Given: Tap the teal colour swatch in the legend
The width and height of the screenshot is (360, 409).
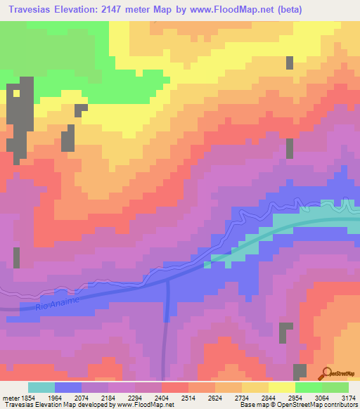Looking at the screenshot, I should click(41, 387).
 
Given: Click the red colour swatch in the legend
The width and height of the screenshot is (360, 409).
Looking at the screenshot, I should click(174, 387).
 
